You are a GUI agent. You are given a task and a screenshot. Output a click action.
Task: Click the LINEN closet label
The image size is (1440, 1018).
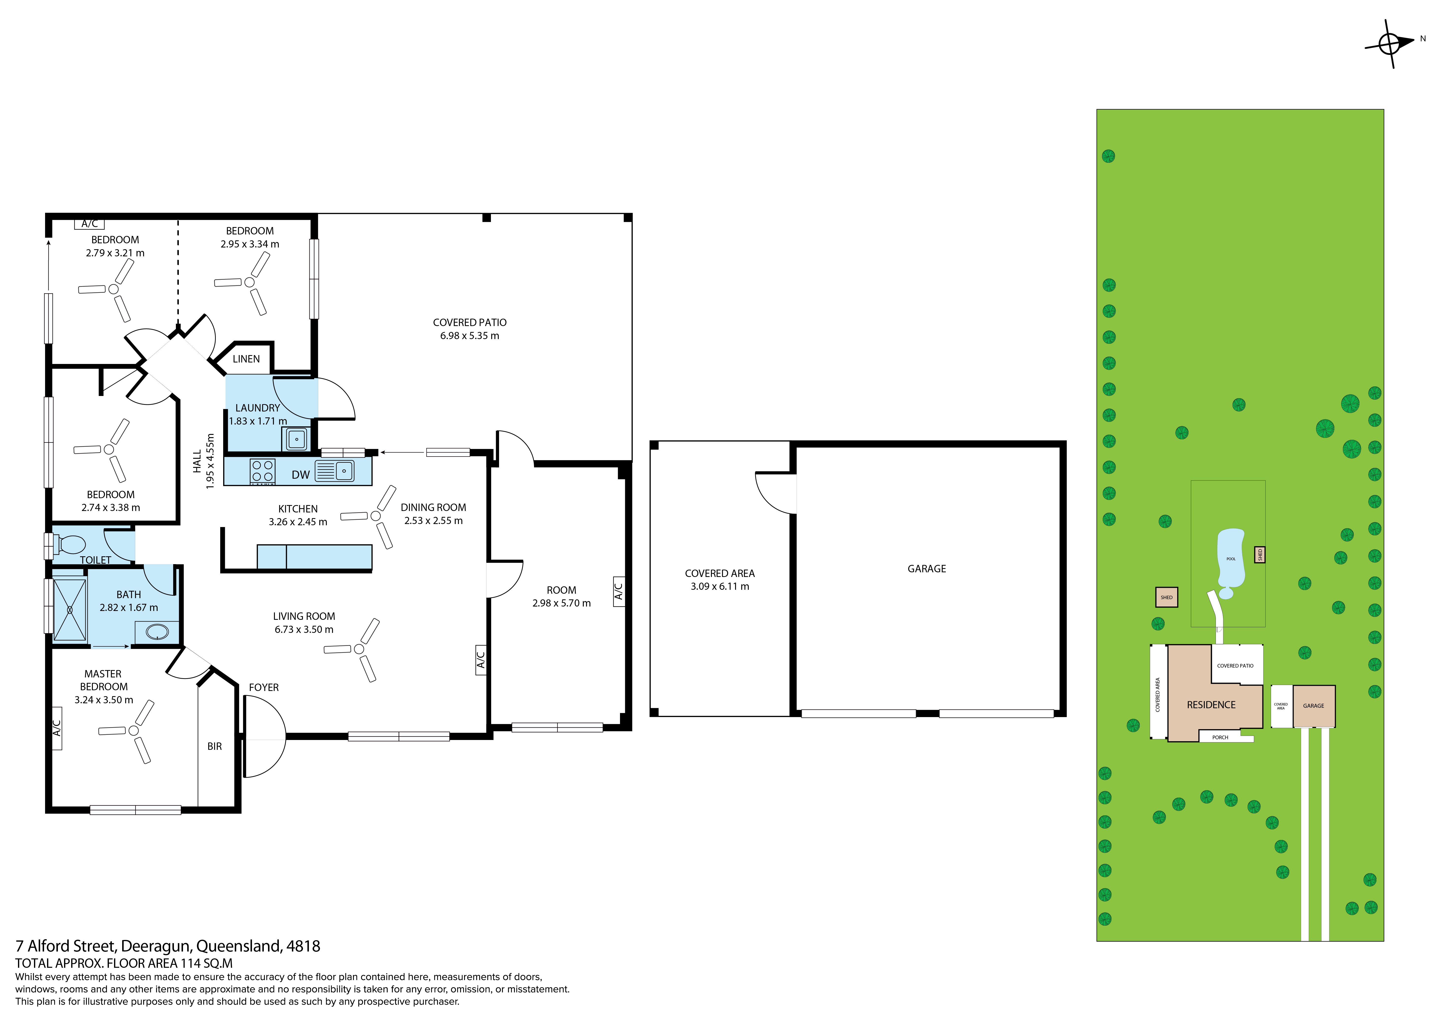[x=246, y=359]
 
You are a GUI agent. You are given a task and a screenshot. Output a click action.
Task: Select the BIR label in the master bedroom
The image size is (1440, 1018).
[x=215, y=747]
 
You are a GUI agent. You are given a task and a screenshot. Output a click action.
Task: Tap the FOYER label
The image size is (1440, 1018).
[x=263, y=688]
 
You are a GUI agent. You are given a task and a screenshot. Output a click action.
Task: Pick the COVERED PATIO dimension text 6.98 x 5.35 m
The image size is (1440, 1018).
[x=470, y=336]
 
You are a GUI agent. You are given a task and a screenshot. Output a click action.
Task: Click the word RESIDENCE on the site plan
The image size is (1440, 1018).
[x=1211, y=705]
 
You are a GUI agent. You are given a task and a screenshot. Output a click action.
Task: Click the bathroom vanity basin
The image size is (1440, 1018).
[x=157, y=632]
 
